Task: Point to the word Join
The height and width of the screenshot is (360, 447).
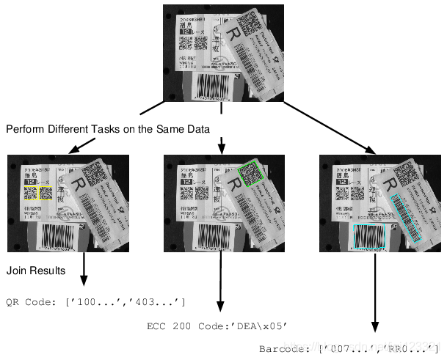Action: click(x=16, y=271)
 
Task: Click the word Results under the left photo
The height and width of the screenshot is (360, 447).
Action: click(x=47, y=271)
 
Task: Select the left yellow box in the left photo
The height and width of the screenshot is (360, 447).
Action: click(x=29, y=194)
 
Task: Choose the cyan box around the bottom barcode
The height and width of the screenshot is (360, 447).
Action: click(x=370, y=238)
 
